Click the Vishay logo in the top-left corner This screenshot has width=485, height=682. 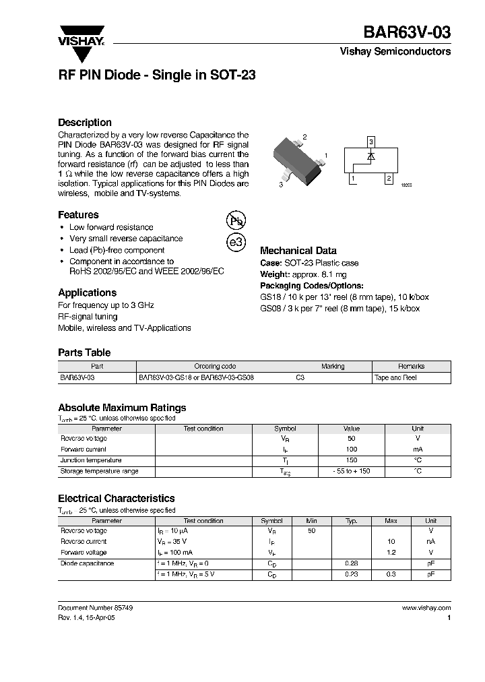80,34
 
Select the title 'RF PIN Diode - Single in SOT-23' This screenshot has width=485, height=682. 156,75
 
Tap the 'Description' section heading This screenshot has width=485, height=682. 85,123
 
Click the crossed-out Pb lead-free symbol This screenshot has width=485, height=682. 236,220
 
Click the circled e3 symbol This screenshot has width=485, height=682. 236,243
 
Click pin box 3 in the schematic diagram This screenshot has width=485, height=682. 370,142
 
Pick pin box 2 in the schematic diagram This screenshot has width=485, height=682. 388,179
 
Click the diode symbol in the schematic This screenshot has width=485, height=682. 370,156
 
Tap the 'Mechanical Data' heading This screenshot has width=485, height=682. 298,251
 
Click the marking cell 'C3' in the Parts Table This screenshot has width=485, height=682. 300,378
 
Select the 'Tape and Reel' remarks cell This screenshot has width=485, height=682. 395,378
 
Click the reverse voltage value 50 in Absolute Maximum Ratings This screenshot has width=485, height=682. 351,439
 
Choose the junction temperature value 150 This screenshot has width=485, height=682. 351,460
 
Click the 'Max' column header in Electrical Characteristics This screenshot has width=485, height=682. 391,521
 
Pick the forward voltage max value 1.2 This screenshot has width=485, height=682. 391,552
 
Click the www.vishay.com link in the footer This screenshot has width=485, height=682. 426,608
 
